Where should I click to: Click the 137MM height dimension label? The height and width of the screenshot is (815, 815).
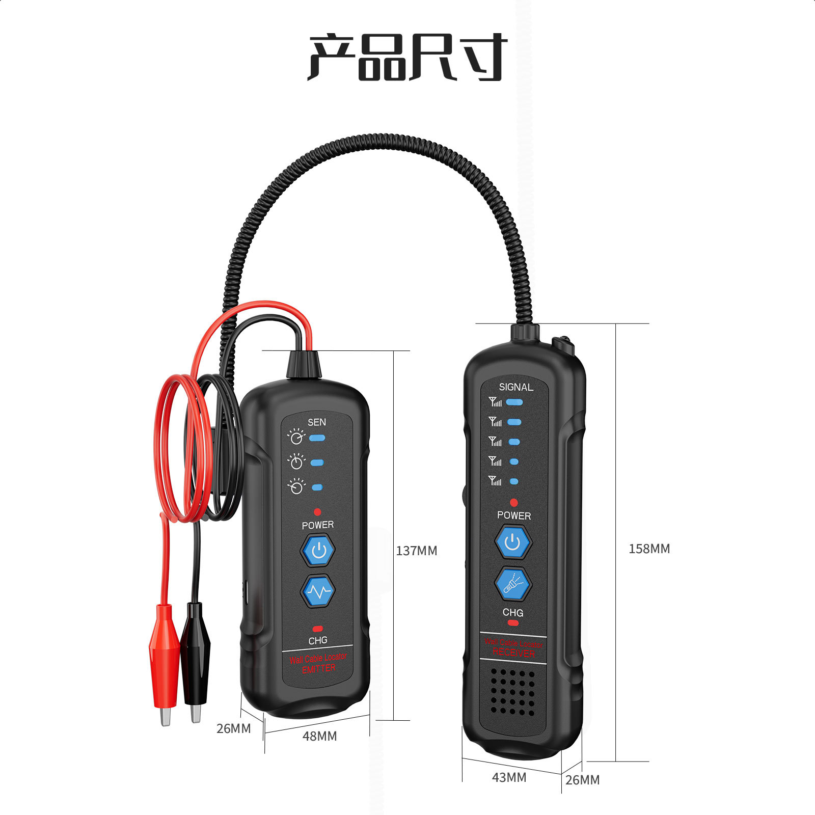[x=416, y=551]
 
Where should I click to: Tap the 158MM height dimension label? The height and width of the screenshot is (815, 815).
[x=649, y=549]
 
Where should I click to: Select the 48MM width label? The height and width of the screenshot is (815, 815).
[x=319, y=736]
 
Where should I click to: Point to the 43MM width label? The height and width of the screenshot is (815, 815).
[x=509, y=777]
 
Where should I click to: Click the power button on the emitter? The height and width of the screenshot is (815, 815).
[x=318, y=550]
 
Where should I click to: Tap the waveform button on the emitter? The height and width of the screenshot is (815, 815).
[x=318, y=591]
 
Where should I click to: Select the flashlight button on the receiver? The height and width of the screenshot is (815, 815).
[x=513, y=584]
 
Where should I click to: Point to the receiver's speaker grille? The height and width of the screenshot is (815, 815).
[x=513, y=692]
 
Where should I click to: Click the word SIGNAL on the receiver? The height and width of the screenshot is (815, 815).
[x=515, y=387]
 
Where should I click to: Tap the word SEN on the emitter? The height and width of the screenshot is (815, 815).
[x=316, y=422]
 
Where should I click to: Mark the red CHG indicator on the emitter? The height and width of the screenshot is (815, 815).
[x=317, y=629]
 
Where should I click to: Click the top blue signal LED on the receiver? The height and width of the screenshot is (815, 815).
[x=514, y=402]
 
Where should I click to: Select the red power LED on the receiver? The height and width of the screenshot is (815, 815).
[x=513, y=503]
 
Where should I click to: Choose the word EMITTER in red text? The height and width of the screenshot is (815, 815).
[x=318, y=669]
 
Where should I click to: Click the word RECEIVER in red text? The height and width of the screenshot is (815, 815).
[x=513, y=653]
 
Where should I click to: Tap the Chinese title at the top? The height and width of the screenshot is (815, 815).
[x=407, y=57]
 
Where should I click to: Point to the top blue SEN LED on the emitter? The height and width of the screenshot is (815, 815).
[x=317, y=438]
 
